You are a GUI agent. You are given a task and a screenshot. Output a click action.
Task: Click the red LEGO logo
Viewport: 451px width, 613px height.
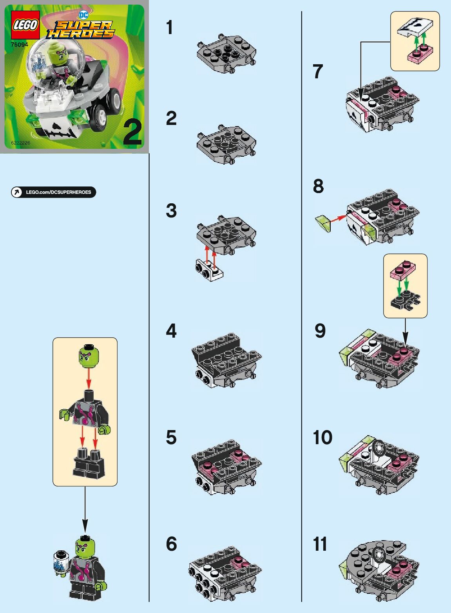pos(25,25)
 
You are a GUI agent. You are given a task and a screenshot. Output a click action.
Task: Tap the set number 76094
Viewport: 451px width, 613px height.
pos(19,44)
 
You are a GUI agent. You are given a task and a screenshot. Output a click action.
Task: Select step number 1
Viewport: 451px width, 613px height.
pos(170,27)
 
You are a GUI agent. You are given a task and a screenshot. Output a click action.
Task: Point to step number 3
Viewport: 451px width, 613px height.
pos(171,211)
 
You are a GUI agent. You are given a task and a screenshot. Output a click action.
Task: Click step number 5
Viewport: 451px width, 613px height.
pos(171,437)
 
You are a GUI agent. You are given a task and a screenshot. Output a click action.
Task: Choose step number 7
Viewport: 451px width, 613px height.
pos(318,71)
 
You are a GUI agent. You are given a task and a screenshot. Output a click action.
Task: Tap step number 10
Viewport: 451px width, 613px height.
pos(322,437)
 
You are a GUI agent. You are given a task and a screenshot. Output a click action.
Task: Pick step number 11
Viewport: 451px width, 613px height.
pos(320,544)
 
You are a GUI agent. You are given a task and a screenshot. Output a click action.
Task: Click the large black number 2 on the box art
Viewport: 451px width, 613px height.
pos(132,133)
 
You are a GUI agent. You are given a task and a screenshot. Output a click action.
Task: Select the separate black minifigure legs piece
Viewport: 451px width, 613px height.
pos(89,463)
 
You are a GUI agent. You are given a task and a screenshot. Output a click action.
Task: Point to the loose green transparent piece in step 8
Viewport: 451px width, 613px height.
pos(323,224)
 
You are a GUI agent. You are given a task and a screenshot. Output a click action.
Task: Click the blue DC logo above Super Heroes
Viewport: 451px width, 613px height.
pos(83,15)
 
